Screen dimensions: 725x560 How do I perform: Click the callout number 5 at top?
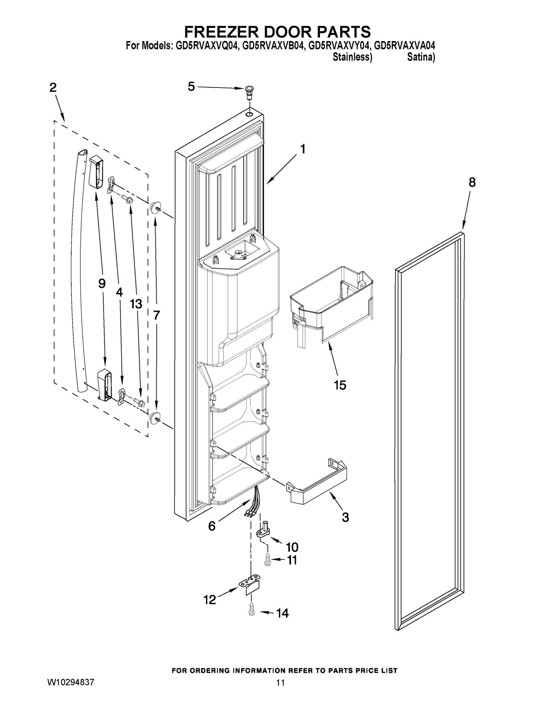tap(191, 87)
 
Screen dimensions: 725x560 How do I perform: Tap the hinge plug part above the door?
tap(249, 92)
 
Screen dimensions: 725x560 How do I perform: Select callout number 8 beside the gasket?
tap(472, 182)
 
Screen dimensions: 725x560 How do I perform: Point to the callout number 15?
tap(340, 385)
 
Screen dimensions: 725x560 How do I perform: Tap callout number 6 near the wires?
tap(212, 526)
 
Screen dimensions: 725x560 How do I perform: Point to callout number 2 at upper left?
tap(53, 88)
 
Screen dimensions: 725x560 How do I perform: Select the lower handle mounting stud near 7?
tap(154, 417)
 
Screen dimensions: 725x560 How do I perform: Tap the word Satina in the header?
tap(420, 57)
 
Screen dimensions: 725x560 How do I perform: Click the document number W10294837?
tap(71, 682)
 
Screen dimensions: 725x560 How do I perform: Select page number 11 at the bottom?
tap(280, 683)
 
